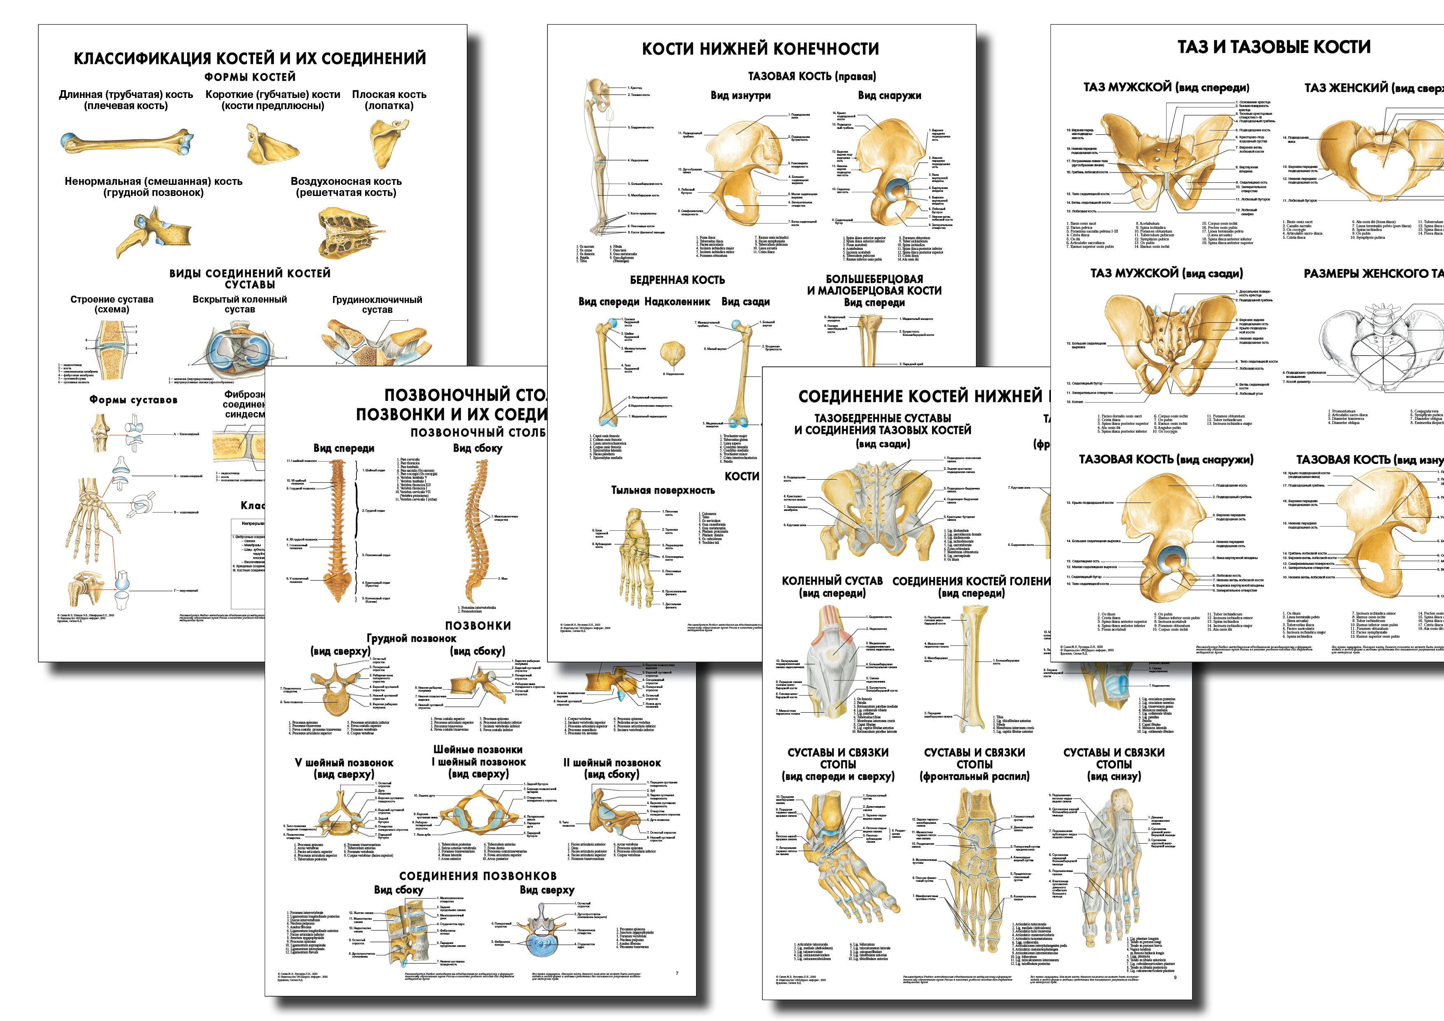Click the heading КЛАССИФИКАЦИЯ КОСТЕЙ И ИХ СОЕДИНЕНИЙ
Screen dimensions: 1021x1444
pyautogui.click(x=250, y=58)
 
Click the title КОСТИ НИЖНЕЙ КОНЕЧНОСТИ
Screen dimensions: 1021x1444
pyautogui.click(x=760, y=49)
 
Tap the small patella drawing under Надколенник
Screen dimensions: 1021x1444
pyautogui.click(x=672, y=352)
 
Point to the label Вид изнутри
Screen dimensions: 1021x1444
pyautogui.click(x=740, y=96)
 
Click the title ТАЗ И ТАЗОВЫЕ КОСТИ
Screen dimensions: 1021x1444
pyautogui.click(x=1274, y=47)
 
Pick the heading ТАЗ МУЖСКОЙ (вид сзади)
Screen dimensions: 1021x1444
pyautogui.click(x=1166, y=273)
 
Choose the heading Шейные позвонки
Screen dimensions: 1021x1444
pyautogui.click(x=477, y=749)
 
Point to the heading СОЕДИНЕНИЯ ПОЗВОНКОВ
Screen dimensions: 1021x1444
pyautogui.click(x=477, y=876)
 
